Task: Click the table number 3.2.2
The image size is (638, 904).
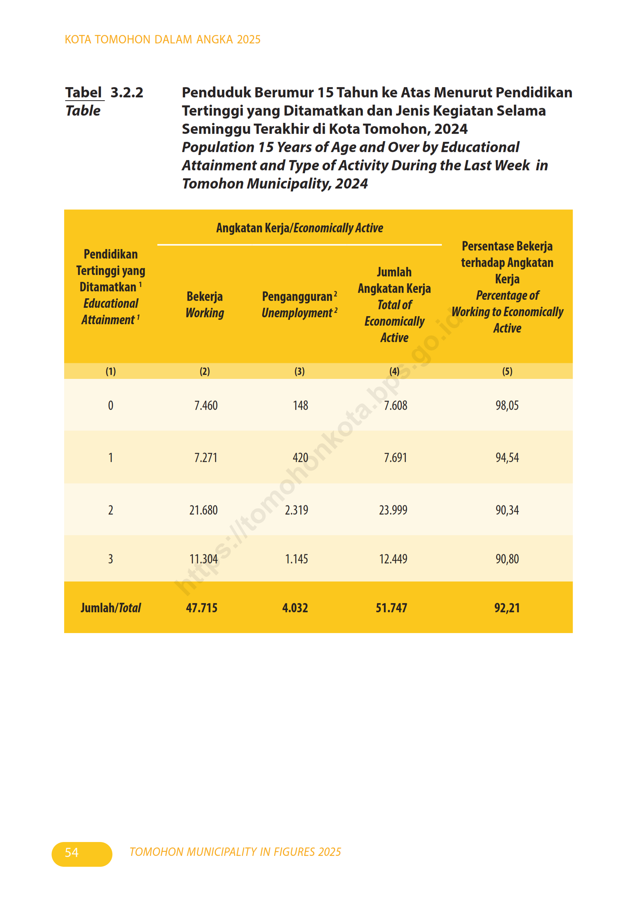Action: (x=127, y=93)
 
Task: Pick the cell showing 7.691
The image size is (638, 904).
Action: (x=395, y=458)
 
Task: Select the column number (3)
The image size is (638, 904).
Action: (x=300, y=371)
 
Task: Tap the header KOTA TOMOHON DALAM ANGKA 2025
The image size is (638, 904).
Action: (x=163, y=39)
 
